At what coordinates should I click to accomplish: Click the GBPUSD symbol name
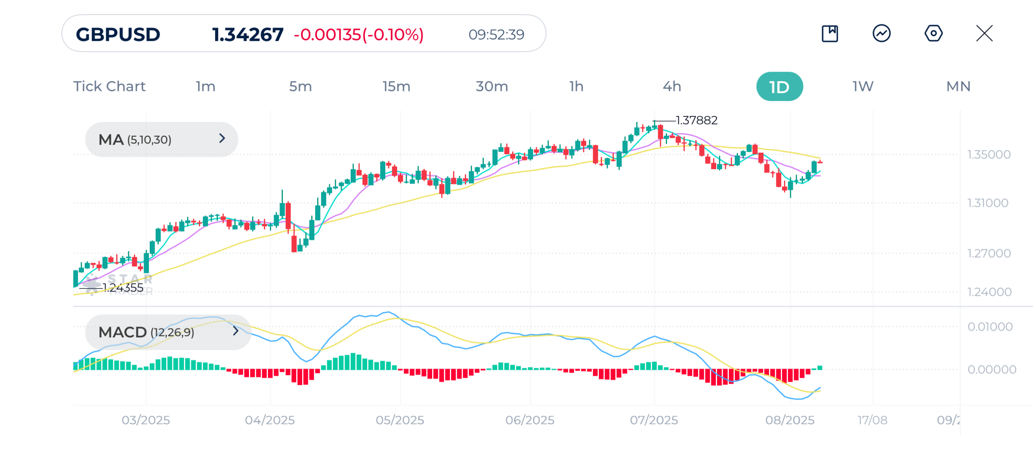click(118, 34)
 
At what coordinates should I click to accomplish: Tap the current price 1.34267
click(248, 34)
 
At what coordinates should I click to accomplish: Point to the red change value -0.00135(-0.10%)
click(359, 34)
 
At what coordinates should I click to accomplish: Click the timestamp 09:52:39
click(496, 34)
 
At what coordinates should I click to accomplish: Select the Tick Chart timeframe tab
click(109, 86)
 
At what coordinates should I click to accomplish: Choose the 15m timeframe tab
click(396, 86)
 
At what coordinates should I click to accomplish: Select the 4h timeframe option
click(672, 86)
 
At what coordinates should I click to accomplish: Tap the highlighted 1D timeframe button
click(779, 86)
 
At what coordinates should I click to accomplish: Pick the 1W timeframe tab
click(863, 86)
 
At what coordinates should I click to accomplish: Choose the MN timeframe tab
click(958, 86)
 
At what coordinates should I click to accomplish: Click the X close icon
click(984, 33)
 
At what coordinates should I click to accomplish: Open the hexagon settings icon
click(933, 33)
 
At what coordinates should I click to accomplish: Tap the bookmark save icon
click(830, 33)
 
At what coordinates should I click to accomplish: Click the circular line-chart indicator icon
click(882, 33)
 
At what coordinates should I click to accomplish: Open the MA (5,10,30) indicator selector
click(161, 139)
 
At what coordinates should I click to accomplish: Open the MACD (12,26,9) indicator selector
click(168, 332)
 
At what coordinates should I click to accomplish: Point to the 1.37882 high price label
click(696, 120)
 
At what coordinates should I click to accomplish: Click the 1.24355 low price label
click(123, 288)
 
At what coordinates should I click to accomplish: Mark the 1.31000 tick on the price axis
click(988, 203)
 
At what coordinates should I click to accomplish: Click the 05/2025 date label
click(400, 420)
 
